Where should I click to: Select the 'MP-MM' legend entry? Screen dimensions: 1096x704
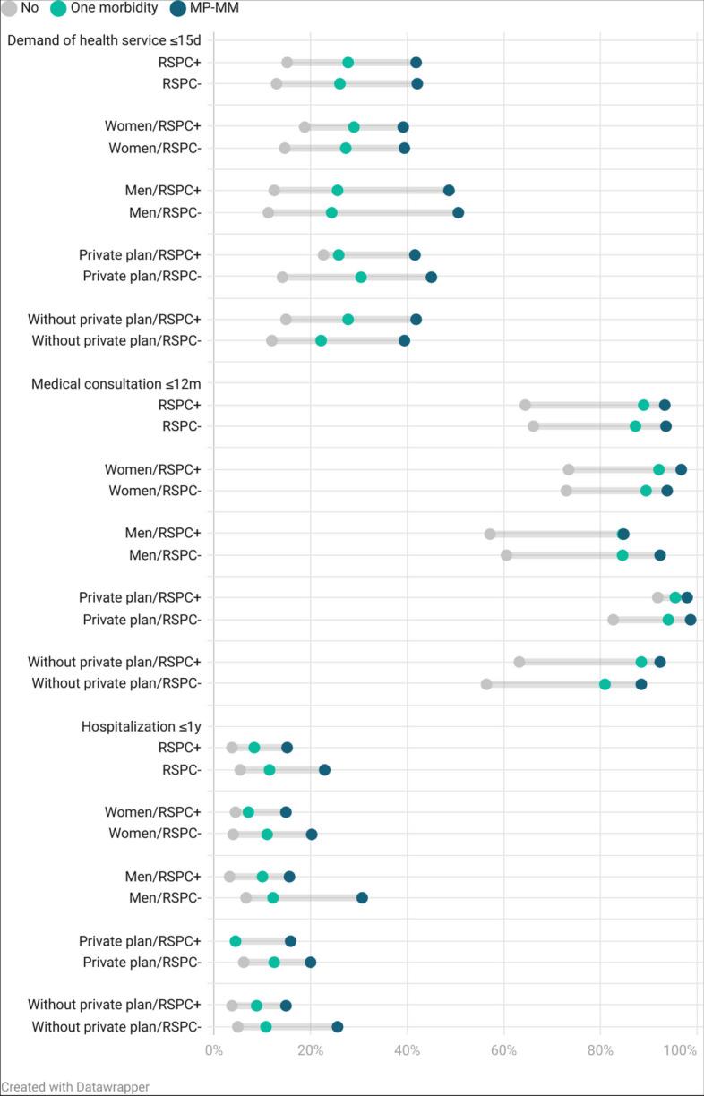(214, 8)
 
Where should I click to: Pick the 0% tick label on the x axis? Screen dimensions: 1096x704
(213, 1050)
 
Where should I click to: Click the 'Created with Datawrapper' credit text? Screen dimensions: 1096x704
(74, 1086)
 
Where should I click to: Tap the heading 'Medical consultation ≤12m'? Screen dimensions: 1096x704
(116, 383)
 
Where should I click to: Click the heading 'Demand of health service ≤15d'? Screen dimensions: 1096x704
(104, 40)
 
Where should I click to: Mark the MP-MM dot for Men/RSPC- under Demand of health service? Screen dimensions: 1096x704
(459, 212)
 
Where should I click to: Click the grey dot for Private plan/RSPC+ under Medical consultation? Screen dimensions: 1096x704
(657, 597)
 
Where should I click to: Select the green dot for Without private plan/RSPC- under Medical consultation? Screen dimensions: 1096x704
(605, 684)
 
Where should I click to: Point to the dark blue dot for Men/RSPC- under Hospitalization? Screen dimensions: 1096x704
(362, 897)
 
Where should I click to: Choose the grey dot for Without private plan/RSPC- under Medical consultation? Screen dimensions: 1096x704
(486, 684)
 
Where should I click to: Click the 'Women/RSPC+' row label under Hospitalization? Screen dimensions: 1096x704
(152, 812)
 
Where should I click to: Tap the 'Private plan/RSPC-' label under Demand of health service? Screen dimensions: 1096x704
(142, 277)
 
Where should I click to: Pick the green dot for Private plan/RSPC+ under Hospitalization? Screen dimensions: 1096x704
(236, 941)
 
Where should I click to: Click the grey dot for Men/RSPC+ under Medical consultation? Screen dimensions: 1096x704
(490, 534)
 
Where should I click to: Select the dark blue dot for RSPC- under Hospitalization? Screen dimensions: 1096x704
(324, 770)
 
